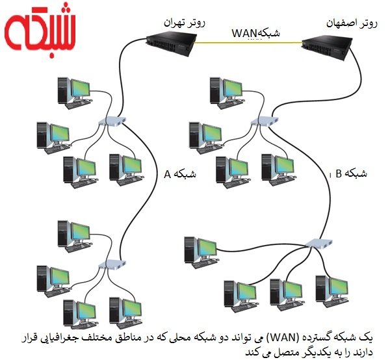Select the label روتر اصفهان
[x=351, y=23]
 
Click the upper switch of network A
[x=112, y=122]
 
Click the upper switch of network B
[x=266, y=120]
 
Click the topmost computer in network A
[x=71, y=91]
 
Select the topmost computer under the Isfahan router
[x=224, y=91]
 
